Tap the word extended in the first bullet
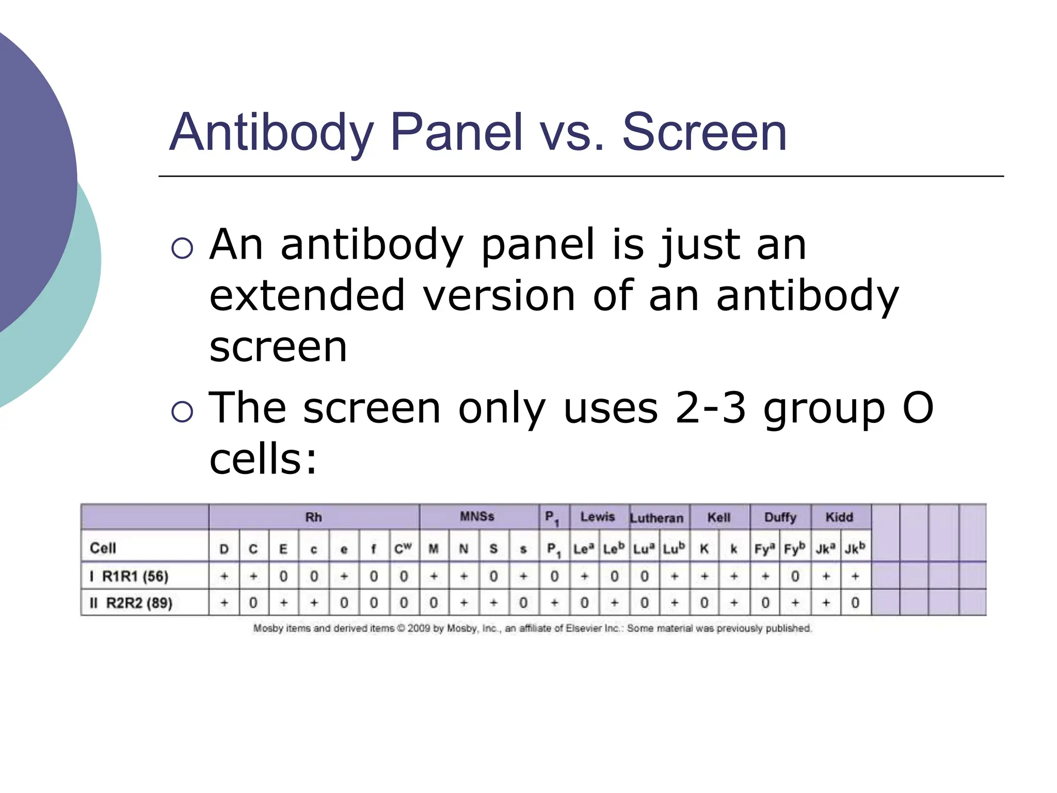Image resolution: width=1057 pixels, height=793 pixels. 307,296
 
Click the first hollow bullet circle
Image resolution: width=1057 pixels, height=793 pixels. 182,248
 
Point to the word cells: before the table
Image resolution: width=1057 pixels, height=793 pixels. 263,459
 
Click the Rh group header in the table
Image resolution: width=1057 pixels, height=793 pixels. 313,517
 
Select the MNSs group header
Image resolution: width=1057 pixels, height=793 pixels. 477,517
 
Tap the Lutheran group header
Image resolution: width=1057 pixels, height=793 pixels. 656,518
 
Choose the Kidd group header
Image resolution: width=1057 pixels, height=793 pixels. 839,517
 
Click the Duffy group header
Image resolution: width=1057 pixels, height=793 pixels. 780,517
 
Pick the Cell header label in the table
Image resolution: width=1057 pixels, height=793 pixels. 103,548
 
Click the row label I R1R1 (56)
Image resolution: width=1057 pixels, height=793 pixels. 130,576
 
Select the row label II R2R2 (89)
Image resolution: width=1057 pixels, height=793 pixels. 131,603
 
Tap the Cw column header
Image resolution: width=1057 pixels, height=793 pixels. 403,548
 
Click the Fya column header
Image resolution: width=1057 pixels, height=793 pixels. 765,548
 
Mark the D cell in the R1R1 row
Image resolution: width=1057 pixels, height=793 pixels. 224,576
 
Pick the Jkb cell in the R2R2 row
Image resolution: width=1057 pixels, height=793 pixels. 855,603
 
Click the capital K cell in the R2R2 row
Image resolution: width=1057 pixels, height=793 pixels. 704,603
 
